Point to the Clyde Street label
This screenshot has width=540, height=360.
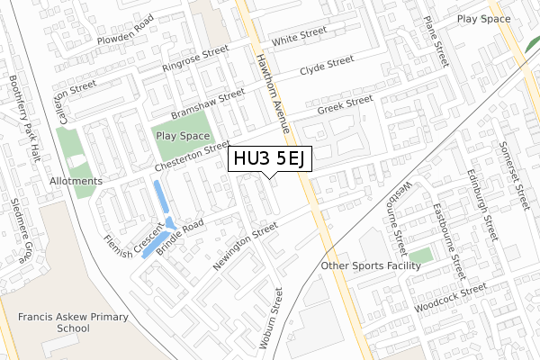[327, 66]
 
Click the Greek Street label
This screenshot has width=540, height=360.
[345, 105]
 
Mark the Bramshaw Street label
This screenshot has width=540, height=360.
[208, 104]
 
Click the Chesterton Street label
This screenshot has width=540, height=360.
[191, 157]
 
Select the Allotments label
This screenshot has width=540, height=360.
[76, 181]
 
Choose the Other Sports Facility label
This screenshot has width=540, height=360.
[371, 266]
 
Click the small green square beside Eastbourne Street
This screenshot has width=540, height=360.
[426, 256]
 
